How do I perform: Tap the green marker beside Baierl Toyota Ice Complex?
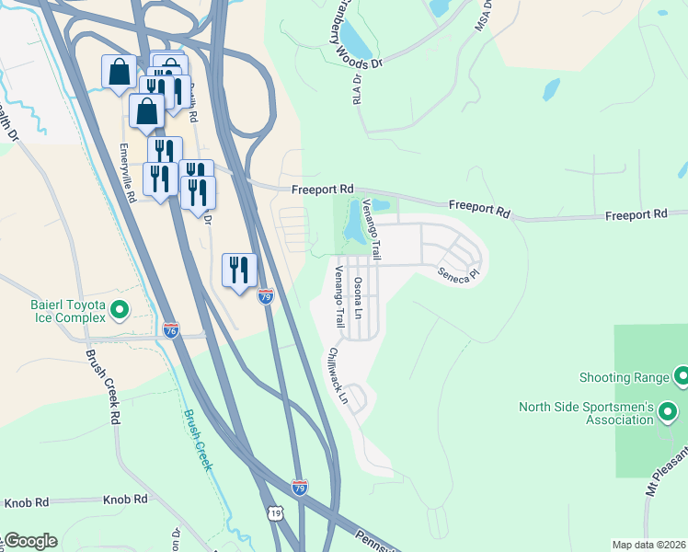(120, 310)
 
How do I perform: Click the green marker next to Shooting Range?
(682, 375)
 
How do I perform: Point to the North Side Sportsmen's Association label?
(585, 413)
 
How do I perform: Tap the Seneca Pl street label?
(458, 274)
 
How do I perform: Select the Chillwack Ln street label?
(338, 374)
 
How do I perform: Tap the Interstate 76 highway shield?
(171, 329)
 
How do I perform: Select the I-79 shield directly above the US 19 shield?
(300, 487)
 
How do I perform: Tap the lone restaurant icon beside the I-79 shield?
(239, 270)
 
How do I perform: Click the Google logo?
(29, 541)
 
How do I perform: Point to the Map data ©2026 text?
(648, 545)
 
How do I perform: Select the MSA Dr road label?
(483, 16)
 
